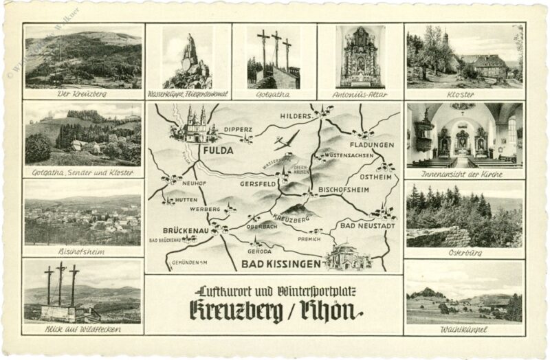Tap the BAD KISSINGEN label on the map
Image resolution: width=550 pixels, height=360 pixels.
[x=280, y=263]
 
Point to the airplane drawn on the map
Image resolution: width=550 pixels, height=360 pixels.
[x=286, y=140]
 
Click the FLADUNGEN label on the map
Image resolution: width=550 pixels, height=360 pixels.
[x=372, y=145]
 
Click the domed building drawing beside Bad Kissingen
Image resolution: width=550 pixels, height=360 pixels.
[x=348, y=256]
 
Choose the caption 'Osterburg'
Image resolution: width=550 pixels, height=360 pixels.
[x=464, y=252]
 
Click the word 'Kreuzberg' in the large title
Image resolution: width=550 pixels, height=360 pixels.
[x=236, y=311]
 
